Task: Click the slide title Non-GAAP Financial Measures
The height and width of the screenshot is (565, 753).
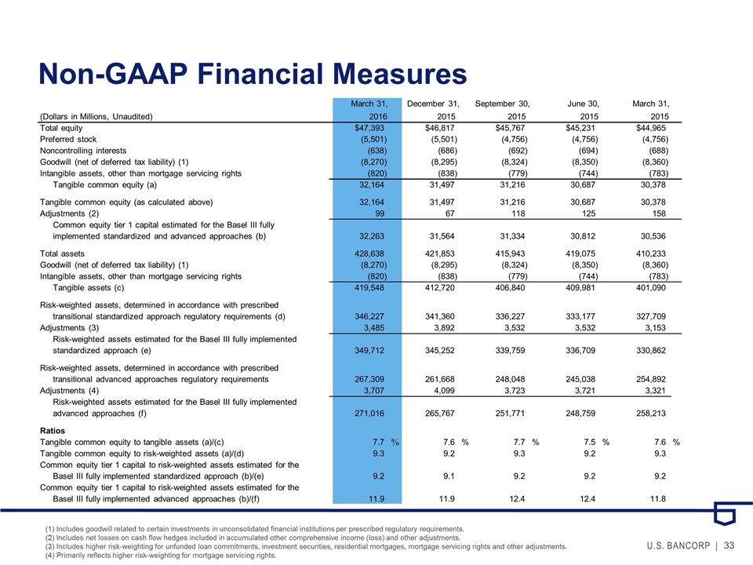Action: pyautogui.click(x=253, y=74)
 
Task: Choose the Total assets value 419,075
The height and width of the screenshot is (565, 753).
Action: pyautogui.click(x=584, y=253)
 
